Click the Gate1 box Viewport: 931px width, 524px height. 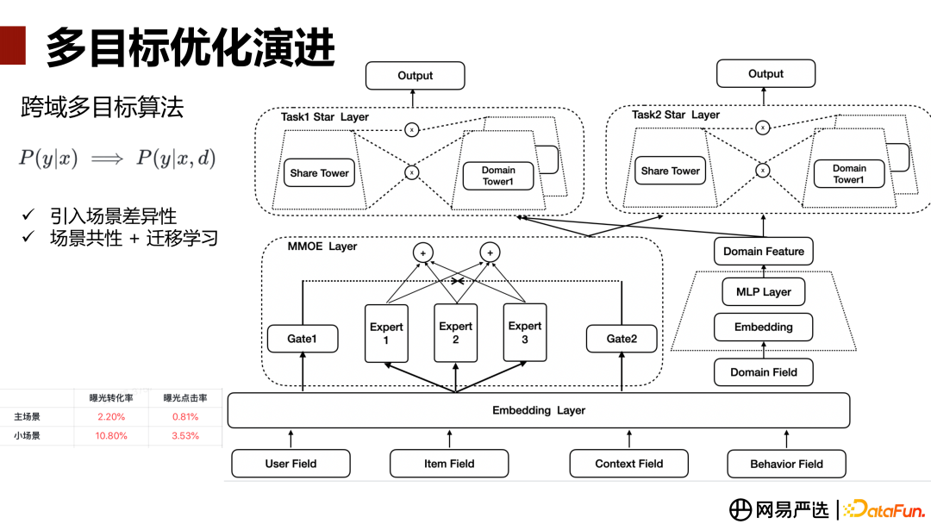302,339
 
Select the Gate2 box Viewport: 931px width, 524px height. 621,339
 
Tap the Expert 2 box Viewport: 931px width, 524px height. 455,333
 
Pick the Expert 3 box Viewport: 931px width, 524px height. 524,333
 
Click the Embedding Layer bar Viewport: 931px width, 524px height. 538,410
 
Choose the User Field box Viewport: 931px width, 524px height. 291,464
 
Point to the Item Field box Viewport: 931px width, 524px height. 449,464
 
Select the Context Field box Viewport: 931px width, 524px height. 628,464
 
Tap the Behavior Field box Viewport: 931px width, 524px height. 786,464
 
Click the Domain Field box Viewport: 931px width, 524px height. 764,372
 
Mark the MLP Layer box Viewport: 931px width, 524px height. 764,292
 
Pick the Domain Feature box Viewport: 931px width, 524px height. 764,252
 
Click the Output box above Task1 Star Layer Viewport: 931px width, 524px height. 415,76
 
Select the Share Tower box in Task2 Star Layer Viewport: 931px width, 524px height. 670,171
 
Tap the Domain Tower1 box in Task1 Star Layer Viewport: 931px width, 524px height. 498,176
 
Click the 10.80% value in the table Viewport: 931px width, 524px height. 111,436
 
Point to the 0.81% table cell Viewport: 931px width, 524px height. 185,417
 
